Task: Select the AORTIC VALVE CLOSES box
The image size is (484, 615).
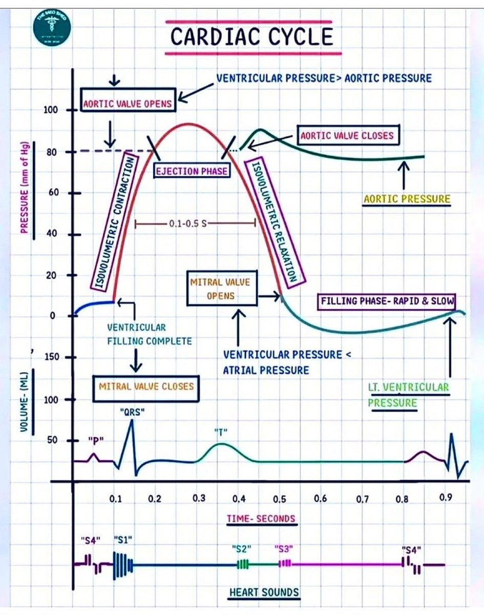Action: pos(347,136)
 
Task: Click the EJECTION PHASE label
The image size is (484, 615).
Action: pos(192,170)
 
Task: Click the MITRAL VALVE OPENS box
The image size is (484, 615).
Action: pos(221,289)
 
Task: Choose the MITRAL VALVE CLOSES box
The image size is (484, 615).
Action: pos(146,385)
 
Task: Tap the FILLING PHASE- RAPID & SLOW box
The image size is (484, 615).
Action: pos(387,301)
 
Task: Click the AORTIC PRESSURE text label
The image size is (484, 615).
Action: pos(407,199)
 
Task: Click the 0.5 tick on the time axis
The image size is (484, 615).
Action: pos(280,498)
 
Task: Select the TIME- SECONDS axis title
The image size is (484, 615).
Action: pos(261,519)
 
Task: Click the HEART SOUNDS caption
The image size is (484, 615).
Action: pos(264,592)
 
